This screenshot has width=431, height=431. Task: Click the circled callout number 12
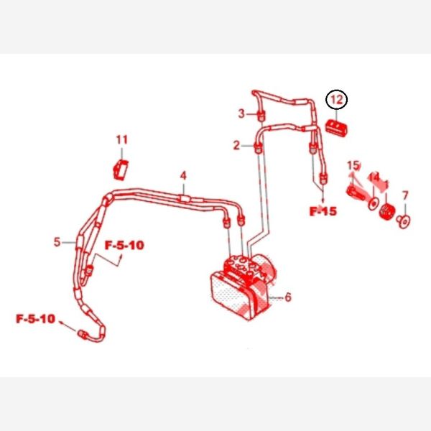(337, 99)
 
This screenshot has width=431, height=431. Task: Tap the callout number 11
(121, 139)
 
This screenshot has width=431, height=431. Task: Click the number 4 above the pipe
(183, 175)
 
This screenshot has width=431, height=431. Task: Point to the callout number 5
(57, 242)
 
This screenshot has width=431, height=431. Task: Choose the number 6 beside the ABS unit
(288, 297)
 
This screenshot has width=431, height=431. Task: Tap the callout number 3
(242, 113)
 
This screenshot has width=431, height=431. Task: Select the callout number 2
(236, 146)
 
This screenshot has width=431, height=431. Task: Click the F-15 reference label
(323, 211)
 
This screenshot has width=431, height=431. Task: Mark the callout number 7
(405, 195)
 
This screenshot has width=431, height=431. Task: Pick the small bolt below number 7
(404, 221)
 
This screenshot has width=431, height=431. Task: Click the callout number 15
(352, 166)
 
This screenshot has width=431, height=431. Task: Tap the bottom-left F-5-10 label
(36, 318)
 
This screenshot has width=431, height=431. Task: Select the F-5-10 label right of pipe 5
(124, 245)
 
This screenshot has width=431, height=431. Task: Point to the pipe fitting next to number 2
(256, 148)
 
